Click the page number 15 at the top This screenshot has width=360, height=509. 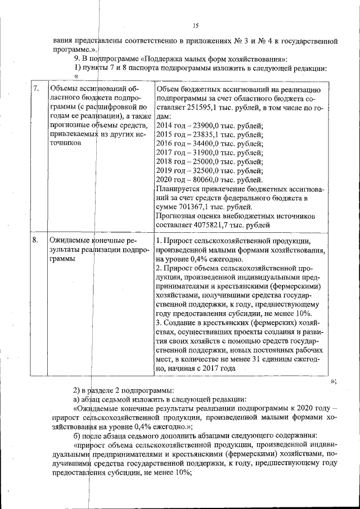[196, 26]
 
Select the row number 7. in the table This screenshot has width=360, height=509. [36, 88]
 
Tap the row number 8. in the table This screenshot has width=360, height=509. [36, 241]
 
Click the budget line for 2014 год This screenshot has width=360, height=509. [209, 125]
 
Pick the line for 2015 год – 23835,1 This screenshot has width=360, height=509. [209, 134]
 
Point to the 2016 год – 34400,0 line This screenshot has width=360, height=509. [209, 143]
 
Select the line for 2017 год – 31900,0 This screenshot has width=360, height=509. [209, 152]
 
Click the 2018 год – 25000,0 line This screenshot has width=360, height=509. [209, 161]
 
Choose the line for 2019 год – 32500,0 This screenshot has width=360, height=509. [209, 170]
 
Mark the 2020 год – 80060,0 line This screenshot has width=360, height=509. [209, 179]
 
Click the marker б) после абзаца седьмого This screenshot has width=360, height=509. [78, 436]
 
